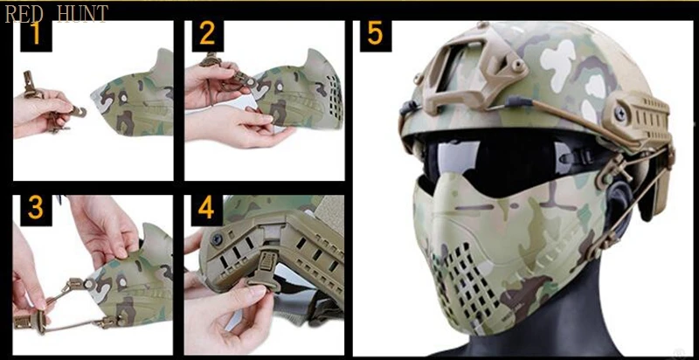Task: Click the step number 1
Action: coord(36,34)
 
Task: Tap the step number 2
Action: coord(207,34)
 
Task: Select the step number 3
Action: coord(36,208)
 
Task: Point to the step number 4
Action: coord(206,208)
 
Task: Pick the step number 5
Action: coord(376,34)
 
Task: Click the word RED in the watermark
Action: coord(24,13)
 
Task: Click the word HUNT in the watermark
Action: coord(82,13)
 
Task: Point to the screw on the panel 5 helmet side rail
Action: coord(620,114)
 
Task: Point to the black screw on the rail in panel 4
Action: coord(217,240)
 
